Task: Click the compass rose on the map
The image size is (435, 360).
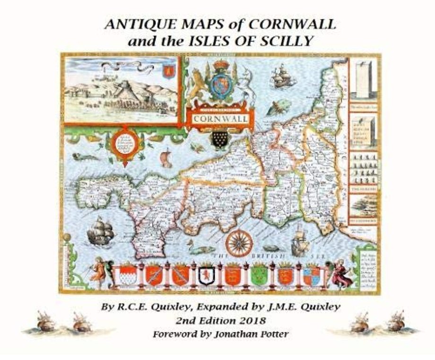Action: tap(239, 243)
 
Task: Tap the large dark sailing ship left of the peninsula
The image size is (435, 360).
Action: tap(101, 231)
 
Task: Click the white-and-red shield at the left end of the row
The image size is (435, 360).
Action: tap(127, 276)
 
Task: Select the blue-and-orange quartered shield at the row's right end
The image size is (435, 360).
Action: tap(312, 276)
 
